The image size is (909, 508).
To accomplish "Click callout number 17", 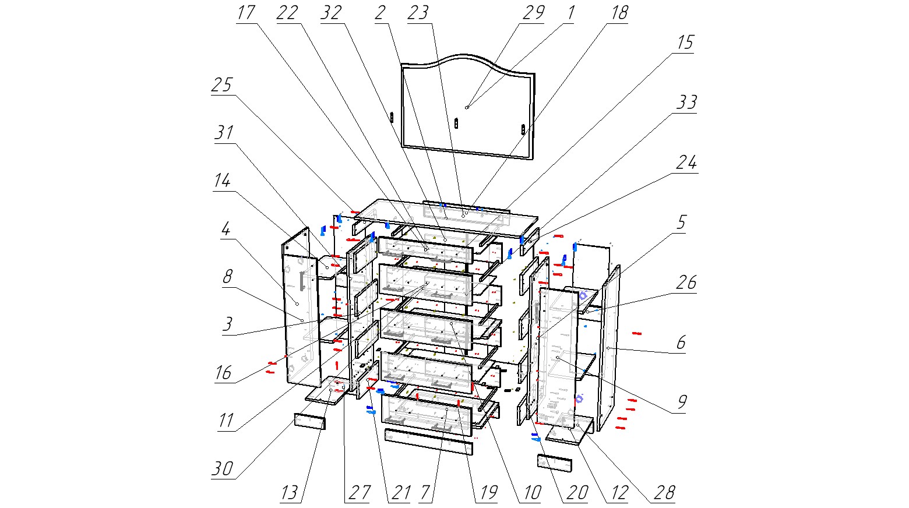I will [246, 13].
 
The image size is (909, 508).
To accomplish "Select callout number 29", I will [533, 13].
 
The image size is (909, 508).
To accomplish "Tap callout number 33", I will [686, 103].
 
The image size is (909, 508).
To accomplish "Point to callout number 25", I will [221, 86].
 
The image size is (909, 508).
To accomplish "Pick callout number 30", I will [223, 468].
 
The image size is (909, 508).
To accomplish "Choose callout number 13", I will [290, 492].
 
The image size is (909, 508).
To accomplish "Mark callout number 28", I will [664, 492].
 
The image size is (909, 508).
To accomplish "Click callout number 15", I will [685, 43].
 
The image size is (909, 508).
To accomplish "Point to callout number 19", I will [486, 492].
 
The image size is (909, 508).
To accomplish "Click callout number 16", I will [223, 372].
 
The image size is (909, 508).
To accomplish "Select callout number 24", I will [686, 163].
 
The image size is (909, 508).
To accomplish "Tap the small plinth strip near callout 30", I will [309, 421].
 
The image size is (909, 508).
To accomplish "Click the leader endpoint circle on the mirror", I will [467, 107].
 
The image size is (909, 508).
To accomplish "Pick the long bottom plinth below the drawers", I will [428, 442].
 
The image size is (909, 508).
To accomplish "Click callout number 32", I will [331, 13].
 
